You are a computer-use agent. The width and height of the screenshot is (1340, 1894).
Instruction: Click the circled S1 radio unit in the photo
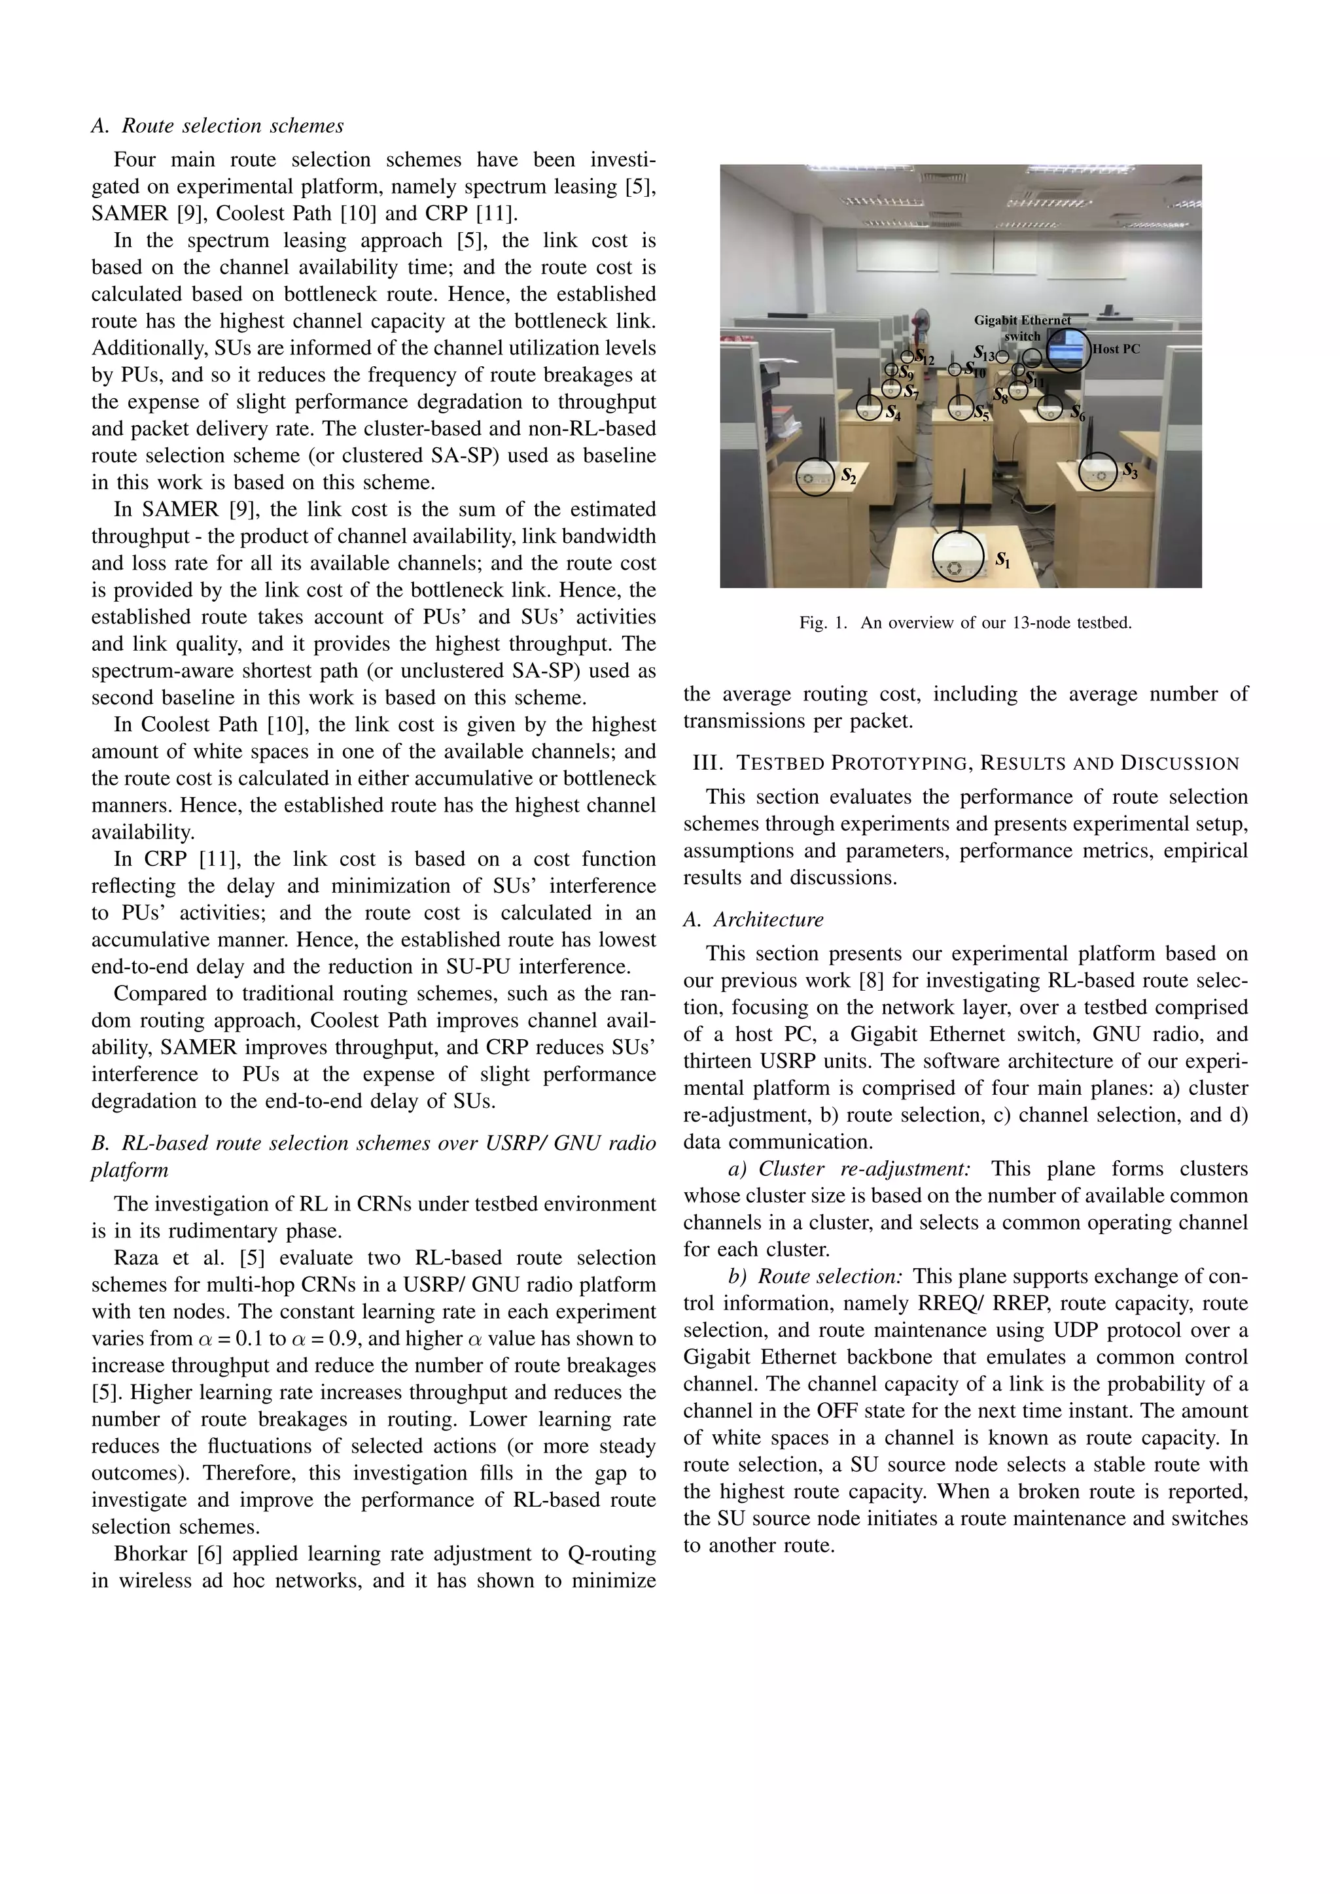(x=957, y=557)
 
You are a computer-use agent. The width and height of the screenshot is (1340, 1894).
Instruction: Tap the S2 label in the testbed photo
(x=848, y=476)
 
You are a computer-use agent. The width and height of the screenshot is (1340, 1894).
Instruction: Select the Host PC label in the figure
(x=1116, y=349)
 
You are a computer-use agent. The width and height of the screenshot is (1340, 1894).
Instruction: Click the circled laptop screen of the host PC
(x=1068, y=350)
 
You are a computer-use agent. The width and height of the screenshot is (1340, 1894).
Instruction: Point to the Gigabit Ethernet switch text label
(x=1022, y=328)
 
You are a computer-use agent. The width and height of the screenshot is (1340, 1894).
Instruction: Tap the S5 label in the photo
(x=980, y=413)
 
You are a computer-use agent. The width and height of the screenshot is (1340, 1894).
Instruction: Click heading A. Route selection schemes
(x=217, y=126)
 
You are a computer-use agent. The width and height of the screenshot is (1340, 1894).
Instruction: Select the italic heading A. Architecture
(x=752, y=919)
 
